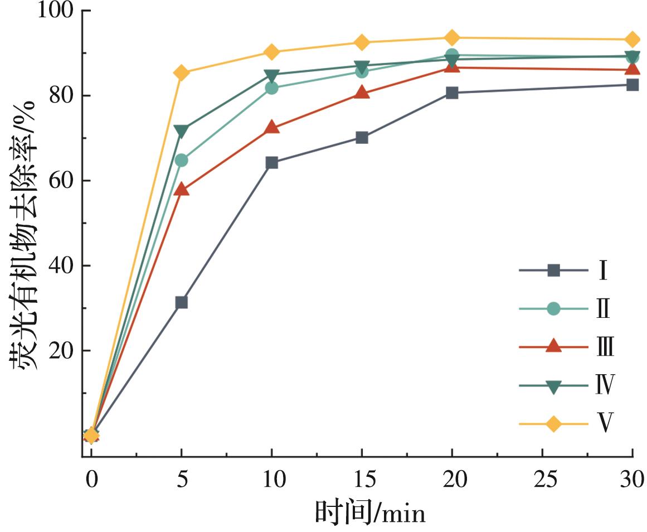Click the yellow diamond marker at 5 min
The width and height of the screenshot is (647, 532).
pyautogui.click(x=181, y=72)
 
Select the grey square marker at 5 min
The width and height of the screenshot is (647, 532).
pyautogui.click(x=181, y=302)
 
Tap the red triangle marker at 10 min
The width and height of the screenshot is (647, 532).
pyautogui.click(x=272, y=127)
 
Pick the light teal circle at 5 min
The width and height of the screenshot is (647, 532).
pyautogui.click(x=181, y=161)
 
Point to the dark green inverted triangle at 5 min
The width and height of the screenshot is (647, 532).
pyautogui.click(x=181, y=131)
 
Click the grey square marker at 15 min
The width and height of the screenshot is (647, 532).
pyautogui.click(x=362, y=137)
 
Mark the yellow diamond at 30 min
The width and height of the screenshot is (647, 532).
pyautogui.click(x=632, y=40)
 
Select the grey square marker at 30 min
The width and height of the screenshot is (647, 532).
pyautogui.click(x=632, y=85)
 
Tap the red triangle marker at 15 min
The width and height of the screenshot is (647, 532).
pyautogui.click(x=362, y=93)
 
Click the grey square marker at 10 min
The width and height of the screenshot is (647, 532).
pyautogui.click(x=272, y=163)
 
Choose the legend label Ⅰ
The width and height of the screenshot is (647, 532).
pyautogui.click(x=602, y=271)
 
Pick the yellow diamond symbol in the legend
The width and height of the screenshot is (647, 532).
pyautogui.click(x=553, y=424)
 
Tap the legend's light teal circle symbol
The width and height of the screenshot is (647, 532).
pyautogui.click(x=553, y=308)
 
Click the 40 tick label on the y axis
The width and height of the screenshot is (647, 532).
pyautogui.click(x=62, y=266)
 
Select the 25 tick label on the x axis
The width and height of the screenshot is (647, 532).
pyautogui.click(x=542, y=478)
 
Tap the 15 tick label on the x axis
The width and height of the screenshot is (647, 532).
pyautogui.click(x=362, y=478)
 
